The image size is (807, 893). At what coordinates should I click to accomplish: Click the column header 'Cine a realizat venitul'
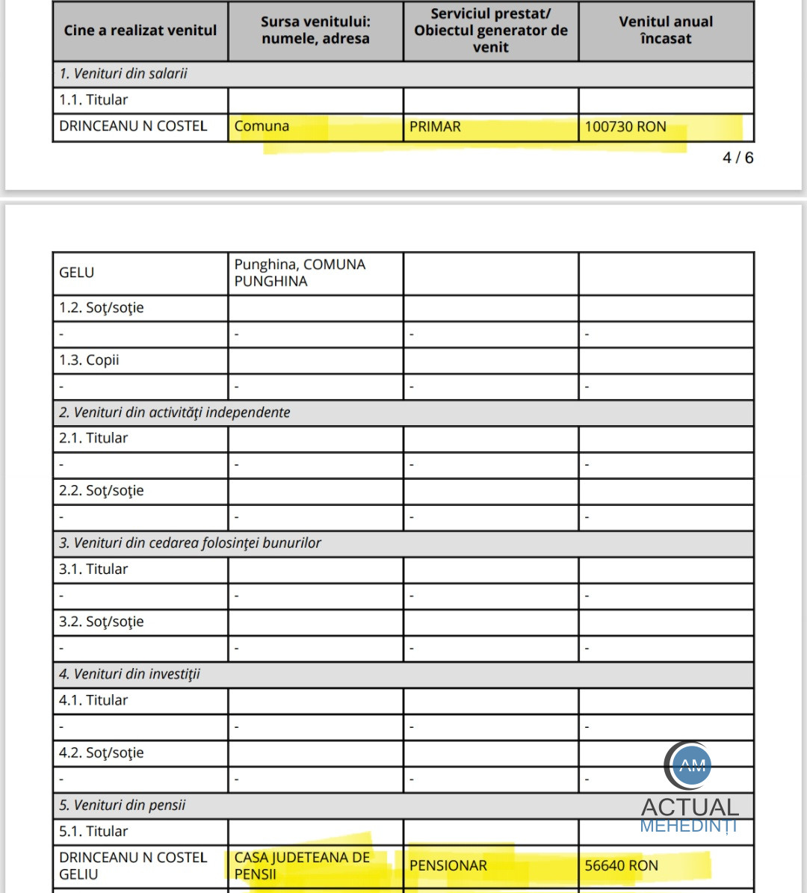[x=140, y=31]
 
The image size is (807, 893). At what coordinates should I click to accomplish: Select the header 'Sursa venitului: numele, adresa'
[x=315, y=31]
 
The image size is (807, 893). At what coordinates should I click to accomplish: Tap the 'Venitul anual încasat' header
[x=666, y=31]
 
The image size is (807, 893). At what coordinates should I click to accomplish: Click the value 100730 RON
[x=625, y=127]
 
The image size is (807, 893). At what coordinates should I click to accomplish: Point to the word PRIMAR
[x=435, y=127]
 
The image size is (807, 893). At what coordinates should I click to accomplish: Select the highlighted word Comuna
[x=262, y=126]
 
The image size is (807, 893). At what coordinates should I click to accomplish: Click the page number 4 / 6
[x=738, y=158]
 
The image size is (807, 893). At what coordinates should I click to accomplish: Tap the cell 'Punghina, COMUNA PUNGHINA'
[x=300, y=273]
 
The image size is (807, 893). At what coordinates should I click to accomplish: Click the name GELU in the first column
[x=76, y=273]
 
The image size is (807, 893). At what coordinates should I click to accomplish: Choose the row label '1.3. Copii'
[x=89, y=360]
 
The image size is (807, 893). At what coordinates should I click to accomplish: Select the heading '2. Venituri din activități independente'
[x=175, y=412]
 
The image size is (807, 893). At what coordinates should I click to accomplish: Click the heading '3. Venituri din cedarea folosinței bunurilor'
[x=190, y=543]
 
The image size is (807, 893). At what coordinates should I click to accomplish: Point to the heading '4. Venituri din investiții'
[x=130, y=674]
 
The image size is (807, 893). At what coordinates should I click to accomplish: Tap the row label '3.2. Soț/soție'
[x=102, y=622]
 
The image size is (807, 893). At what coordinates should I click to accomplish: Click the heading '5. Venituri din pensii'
[x=123, y=806]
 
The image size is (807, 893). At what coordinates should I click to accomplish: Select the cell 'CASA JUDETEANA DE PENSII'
[x=302, y=865]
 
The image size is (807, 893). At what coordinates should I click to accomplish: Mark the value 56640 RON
[x=621, y=866]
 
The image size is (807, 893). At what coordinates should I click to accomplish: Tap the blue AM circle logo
[x=692, y=765]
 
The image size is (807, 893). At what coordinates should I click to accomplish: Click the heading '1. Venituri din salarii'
[x=123, y=74]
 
